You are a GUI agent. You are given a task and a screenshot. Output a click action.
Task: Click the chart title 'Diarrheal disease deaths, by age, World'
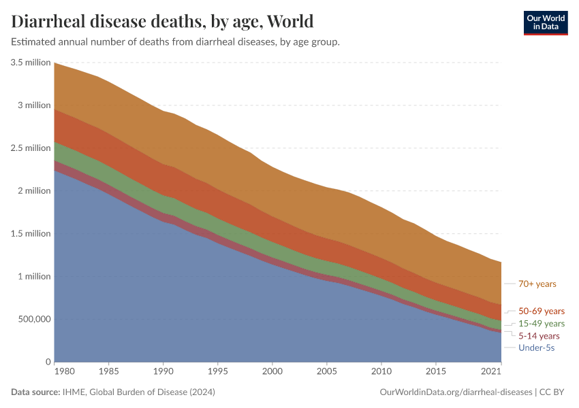(x=162, y=21)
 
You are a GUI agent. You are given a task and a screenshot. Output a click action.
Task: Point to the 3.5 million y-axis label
(x=31, y=63)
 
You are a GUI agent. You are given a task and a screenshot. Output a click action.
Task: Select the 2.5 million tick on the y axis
(x=31, y=148)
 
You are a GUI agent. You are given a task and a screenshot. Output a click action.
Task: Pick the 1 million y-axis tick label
(x=33, y=276)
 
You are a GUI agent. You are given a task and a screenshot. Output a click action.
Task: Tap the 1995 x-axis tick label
(x=218, y=372)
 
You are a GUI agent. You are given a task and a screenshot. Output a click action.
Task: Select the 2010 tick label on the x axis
(x=381, y=372)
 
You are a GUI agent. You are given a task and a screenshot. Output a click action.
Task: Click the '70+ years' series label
(x=537, y=284)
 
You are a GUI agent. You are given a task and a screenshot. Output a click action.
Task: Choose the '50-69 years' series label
(x=542, y=311)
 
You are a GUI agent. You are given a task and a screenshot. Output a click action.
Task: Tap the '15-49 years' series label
(x=542, y=323)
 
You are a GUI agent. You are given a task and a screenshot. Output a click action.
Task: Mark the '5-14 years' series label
(x=539, y=335)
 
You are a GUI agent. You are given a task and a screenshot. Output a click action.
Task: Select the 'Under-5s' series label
(x=536, y=347)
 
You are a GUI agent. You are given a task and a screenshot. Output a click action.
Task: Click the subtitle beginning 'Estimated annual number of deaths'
(x=175, y=42)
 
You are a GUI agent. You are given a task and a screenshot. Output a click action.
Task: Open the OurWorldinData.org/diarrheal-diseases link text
(x=454, y=392)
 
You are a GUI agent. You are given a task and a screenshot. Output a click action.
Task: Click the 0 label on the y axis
(x=48, y=362)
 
